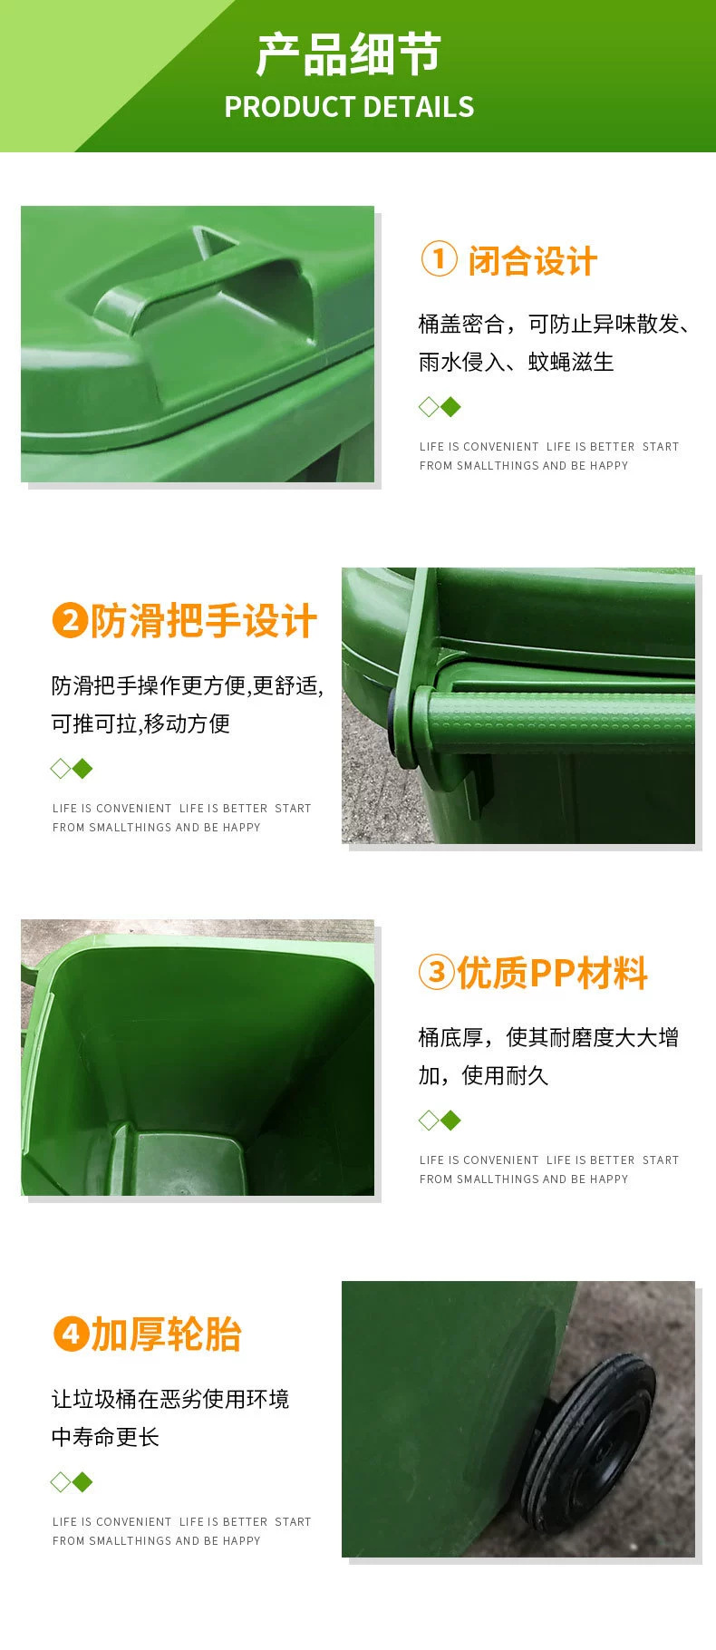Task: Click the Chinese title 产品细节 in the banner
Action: [348, 55]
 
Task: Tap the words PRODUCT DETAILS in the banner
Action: [349, 107]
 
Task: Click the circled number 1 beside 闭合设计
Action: [439, 260]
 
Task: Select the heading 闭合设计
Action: [532, 261]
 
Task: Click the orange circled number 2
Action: [69, 621]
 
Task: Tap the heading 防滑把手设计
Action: [203, 622]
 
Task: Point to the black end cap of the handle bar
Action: [399, 724]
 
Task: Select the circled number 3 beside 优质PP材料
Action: [436, 973]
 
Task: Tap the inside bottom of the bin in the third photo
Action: [181, 1160]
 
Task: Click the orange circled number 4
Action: [69, 1335]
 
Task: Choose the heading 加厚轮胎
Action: [166, 1335]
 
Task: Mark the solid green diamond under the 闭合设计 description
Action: [450, 407]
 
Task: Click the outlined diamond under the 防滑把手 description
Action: [61, 769]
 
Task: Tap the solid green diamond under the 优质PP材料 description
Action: [450, 1121]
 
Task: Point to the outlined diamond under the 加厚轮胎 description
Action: [61, 1482]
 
